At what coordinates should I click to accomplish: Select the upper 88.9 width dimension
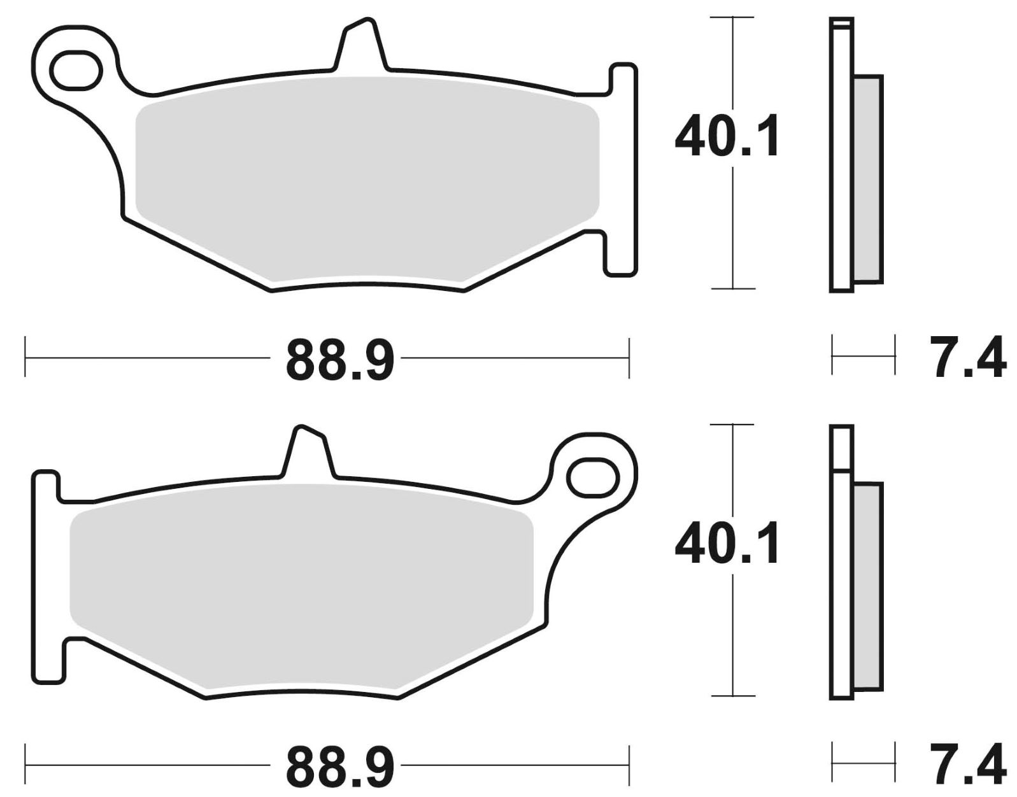pyautogui.click(x=340, y=360)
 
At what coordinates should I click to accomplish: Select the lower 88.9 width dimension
pyautogui.click(x=340, y=766)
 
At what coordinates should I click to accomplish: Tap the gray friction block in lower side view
pyautogui.click(x=868, y=586)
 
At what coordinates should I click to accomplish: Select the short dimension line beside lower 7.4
pyautogui.click(x=863, y=761)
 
